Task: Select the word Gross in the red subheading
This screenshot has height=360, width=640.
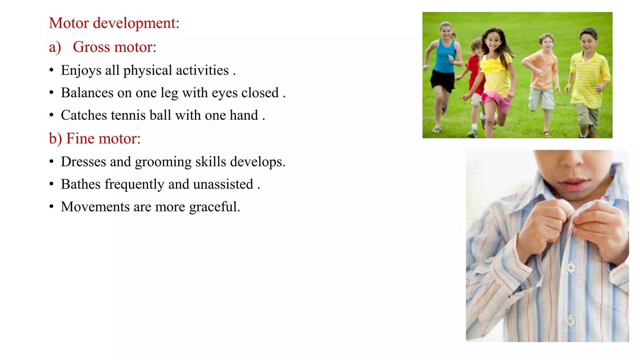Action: click(91, 47)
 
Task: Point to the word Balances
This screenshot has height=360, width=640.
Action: click(87, 93)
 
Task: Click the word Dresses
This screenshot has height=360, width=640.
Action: click(83, 162)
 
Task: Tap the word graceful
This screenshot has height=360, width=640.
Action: click(214, 207)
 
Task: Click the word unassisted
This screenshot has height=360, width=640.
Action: click(223, 184)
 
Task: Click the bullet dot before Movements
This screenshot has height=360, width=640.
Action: click(52, 207)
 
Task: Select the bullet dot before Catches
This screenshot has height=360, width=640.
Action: click(52, 115)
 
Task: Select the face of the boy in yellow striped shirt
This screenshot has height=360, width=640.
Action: click(588, 42)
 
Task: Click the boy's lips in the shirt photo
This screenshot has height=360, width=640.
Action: click(573, 184)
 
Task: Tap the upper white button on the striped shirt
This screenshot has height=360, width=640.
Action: click(571, 267)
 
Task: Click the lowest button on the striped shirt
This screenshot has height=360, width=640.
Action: click(570, 321)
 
